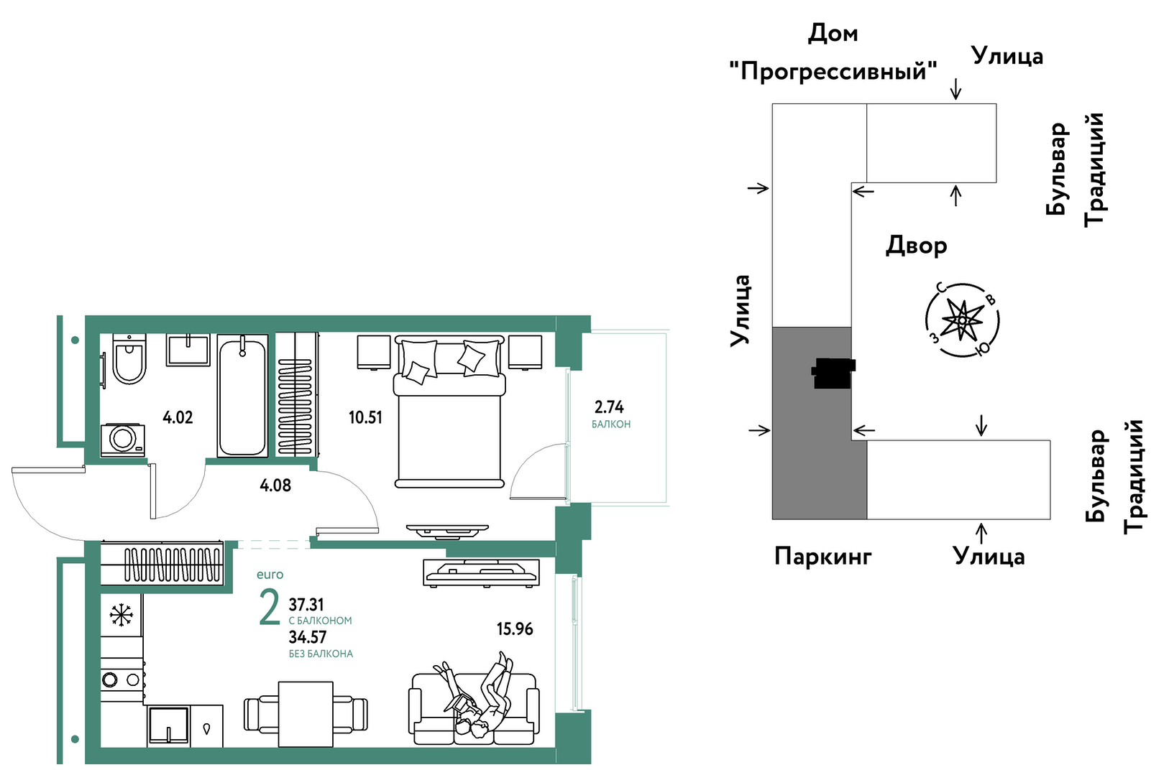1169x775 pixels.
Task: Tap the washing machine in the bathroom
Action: click(123, 440)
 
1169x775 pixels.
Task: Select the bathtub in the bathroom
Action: click(243, 396)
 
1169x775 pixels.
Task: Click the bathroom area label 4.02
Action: click(178, 417)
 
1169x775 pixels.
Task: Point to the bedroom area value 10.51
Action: click(365, 417)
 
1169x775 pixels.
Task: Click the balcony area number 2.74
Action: click(609, 407)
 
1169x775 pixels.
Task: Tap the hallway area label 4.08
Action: click(275, 486)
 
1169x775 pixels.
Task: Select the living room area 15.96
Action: click(515, 629)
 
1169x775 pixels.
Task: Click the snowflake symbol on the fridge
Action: click(121, 615)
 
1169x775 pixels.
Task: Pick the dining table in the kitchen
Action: click(306, 714)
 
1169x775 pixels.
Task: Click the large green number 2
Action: click(270, 608)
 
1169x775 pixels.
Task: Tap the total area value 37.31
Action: click(306, 605)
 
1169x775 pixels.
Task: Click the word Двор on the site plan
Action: click(917, 245)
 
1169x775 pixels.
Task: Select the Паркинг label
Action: click(822, 557)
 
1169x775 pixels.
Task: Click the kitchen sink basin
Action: click(168, 725)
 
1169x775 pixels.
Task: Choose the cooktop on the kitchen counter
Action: click(122, 679)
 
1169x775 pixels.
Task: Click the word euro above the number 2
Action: click(270, 575)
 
